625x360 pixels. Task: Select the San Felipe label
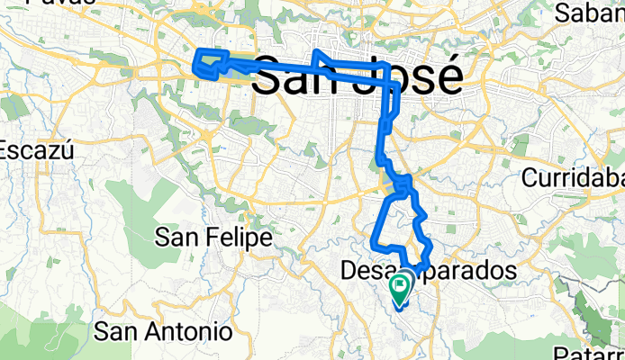[213, 238]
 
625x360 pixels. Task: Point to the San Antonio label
[169, 330]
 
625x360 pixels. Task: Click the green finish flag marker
[400, 287]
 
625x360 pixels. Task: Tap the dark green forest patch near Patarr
[599, 306]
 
